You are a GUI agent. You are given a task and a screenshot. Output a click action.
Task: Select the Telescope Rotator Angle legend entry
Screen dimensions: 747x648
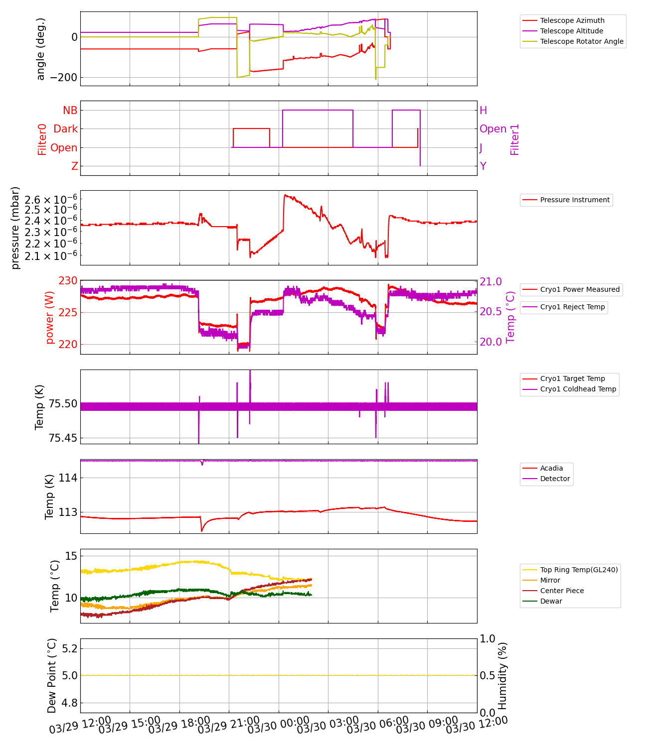(581, 41)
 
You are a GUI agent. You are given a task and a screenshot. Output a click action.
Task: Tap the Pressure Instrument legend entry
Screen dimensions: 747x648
(574, 200)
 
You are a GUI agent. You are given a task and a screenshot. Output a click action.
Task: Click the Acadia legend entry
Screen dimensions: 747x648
(551, 468)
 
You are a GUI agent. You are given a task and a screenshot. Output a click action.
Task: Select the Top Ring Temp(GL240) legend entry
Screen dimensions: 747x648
(579, 570)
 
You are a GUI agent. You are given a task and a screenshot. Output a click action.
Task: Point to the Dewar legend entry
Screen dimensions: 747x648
(551, 601)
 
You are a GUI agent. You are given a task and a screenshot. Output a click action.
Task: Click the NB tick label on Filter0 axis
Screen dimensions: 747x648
(70, 111)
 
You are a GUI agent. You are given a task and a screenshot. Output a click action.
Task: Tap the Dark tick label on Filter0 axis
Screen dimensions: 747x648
(65, 129)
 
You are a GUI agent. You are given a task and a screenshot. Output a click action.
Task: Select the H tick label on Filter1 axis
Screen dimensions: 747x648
(483, 111)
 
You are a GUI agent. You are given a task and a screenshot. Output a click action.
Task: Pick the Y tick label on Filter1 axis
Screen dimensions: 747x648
(483, 166)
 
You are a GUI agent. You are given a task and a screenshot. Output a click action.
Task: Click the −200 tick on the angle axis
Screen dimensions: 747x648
(63, 78)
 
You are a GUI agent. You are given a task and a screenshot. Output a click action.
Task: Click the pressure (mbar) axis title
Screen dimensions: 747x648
(15, 228)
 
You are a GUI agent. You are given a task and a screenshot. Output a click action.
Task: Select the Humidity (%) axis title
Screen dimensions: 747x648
(502, 675)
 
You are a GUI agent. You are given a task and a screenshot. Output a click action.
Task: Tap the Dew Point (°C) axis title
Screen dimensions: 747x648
(52, 675)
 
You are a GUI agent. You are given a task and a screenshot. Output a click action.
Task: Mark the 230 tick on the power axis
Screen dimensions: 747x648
(68, 281)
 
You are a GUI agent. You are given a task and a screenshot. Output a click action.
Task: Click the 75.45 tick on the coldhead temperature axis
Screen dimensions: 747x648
(63, 438)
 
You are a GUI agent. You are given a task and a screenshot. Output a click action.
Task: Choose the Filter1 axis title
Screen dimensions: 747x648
(514, 139)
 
